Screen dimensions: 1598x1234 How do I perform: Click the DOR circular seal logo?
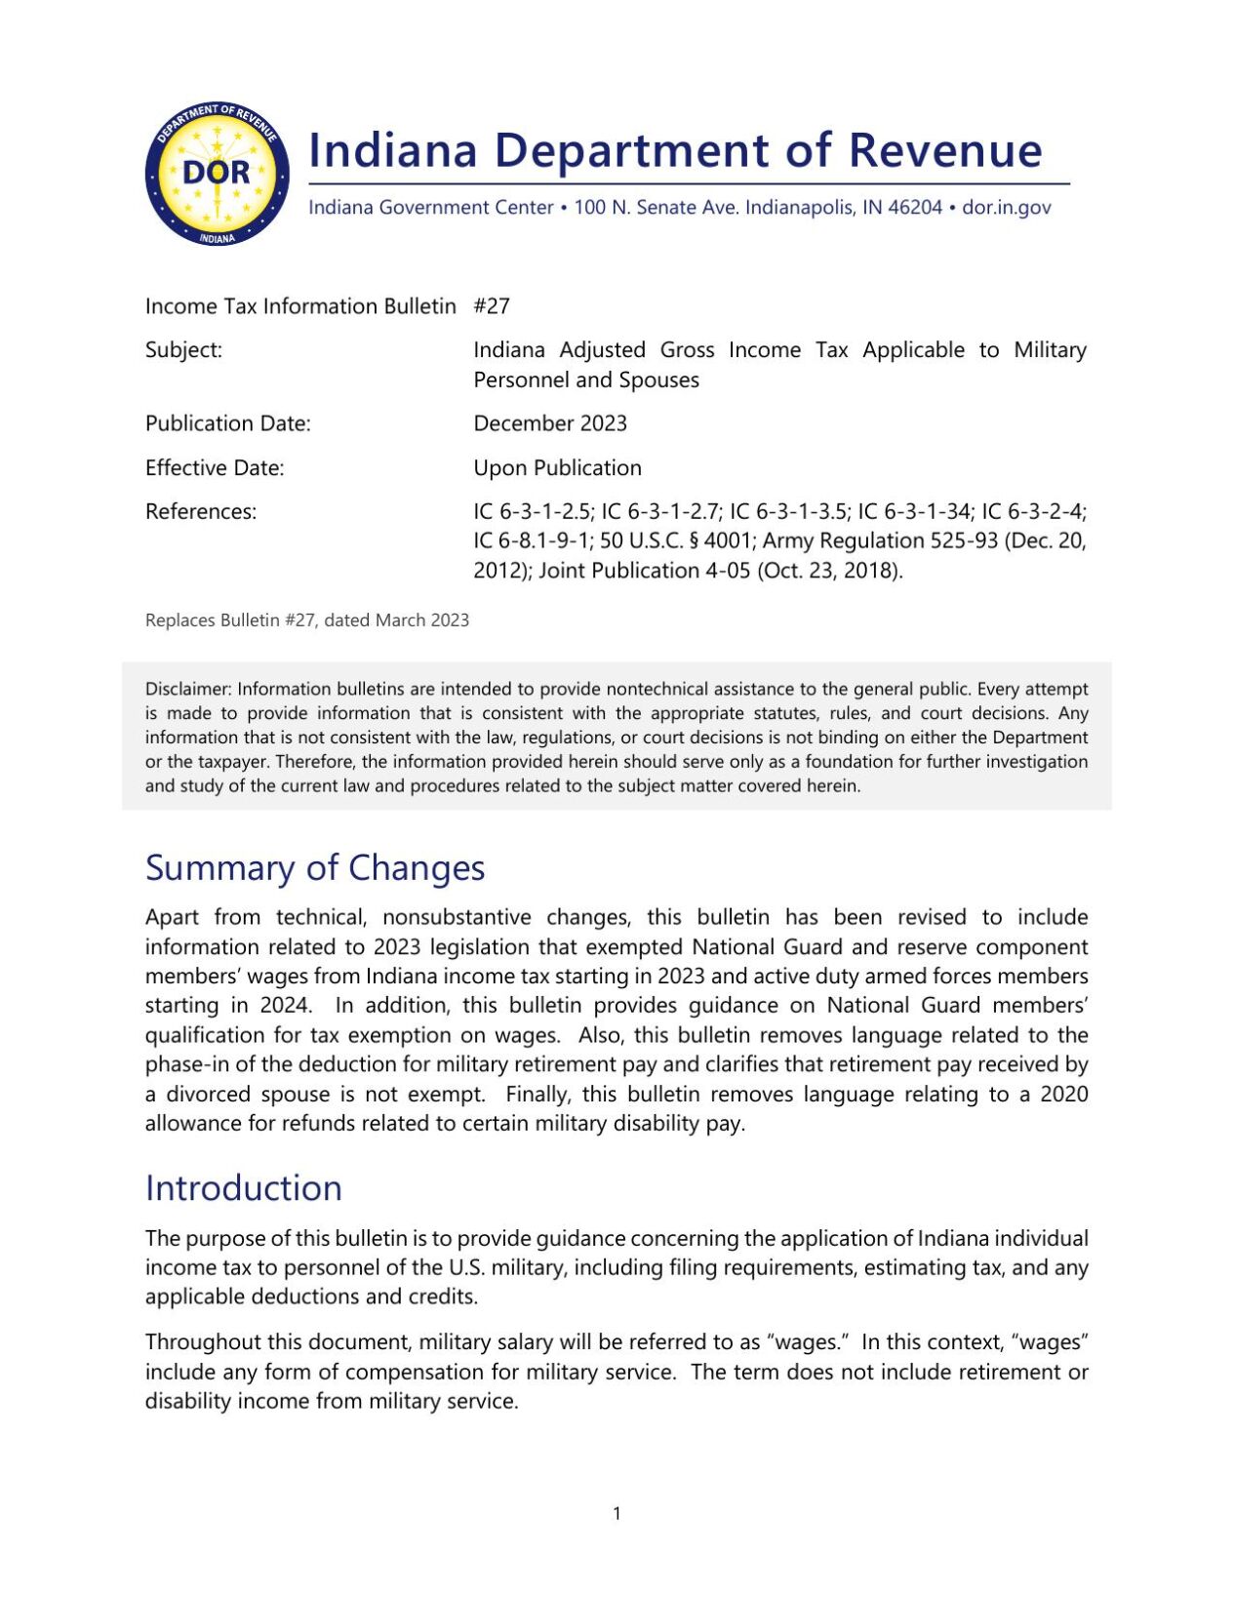[x=217, y=175]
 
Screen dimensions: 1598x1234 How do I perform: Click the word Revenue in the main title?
[x=944, y=151]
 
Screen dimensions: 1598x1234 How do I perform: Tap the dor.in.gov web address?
[x=1006, y=208]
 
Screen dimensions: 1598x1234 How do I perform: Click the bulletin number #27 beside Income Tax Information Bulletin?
[x=492, y=306]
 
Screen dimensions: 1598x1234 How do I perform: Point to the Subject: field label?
[x=183, y=350]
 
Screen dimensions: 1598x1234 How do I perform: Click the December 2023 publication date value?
[x=550, y=423]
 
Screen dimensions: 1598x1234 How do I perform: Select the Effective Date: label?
[x=215, y=468]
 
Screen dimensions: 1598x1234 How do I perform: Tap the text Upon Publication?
[x=557, y=468]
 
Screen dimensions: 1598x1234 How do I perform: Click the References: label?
[x=201, y=512]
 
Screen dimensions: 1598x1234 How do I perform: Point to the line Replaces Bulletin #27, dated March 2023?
[x=307, y=620]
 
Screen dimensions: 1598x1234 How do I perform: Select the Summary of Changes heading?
[x=315, y=868]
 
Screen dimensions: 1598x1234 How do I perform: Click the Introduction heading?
[x=244, y=1188]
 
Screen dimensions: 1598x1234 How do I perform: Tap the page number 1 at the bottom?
[x=617, y=1513]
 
